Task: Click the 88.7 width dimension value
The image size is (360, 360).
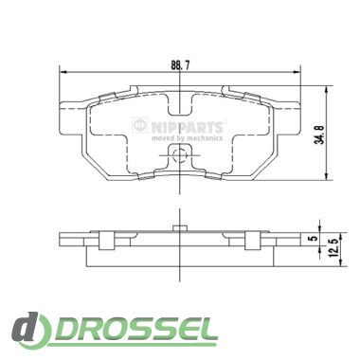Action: (x=180, y=65)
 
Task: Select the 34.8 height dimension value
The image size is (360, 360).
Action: (x=319, y=135)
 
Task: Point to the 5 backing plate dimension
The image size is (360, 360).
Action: (x=314, y=238)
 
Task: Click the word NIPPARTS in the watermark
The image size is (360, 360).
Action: (x=188, y=127)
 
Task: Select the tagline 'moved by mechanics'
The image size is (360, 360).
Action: (x=188, y=138)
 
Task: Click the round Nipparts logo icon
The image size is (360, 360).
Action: (x=140, y=125)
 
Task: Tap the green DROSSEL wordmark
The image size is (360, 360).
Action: (x=134, y=331)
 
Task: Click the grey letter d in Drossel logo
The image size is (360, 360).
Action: (x=27, y=328)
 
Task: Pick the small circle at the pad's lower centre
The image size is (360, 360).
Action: (x=179, y=155)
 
